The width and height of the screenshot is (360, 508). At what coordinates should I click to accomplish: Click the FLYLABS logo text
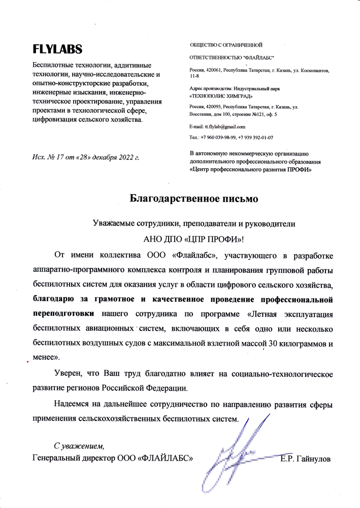point(57,49)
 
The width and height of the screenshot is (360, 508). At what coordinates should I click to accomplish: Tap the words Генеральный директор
point(74,459)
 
